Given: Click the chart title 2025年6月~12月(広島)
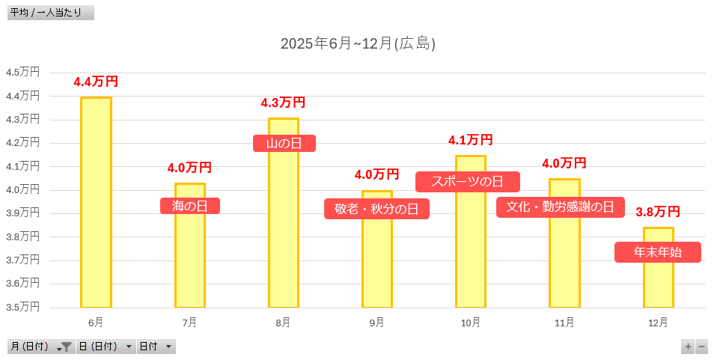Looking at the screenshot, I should coord(358,43).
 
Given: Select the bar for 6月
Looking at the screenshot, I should coord(96,202).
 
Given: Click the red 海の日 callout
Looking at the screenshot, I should coord(190,206).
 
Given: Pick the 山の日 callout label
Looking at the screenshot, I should coord(284,143).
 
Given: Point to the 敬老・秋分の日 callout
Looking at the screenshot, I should coord(376,209).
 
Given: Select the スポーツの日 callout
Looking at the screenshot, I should coord(468,182).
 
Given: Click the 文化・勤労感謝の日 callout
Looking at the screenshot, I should coord(560,207).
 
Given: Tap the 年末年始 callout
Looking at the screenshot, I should coord(657,252).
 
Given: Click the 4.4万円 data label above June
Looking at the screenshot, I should coord(96,82).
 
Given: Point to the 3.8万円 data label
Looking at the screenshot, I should coord(658,212).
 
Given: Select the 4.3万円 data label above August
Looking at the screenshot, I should coord(283,103).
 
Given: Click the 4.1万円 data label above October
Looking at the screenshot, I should coord(470,140).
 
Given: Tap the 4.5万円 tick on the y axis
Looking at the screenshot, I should coord(22,73).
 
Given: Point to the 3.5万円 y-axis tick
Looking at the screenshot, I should coord(22,307).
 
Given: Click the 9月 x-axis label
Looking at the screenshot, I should coord(376,323).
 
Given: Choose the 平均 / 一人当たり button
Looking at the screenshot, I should coord(50,13).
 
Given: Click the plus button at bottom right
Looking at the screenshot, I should coord(688,347).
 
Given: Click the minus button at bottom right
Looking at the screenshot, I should coord(702,347).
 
